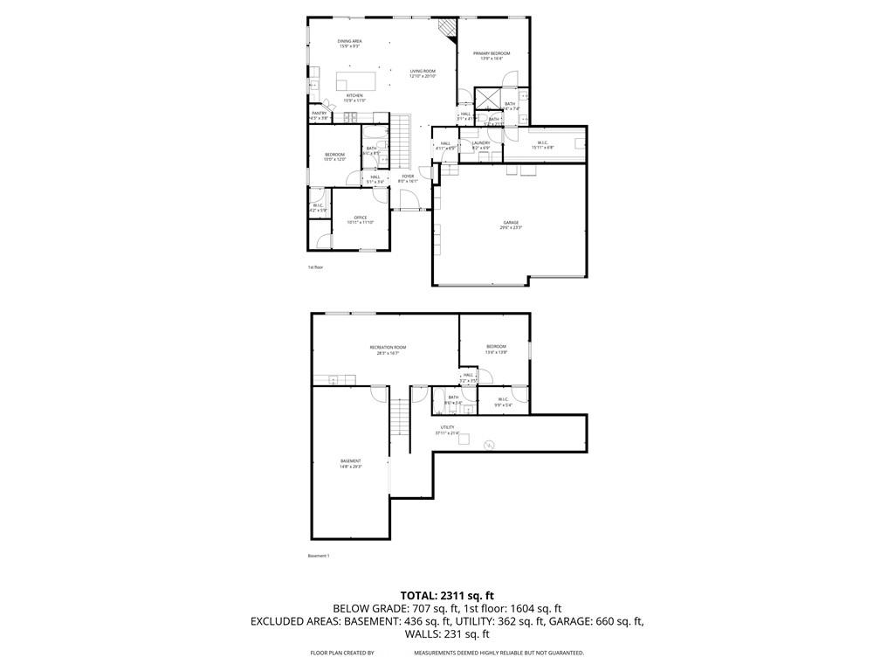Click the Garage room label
511,224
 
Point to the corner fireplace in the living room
448,30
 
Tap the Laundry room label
481,144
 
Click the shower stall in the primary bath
486,97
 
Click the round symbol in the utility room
489,446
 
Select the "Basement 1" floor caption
319,556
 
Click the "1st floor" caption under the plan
315,266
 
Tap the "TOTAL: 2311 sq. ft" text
446,595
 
